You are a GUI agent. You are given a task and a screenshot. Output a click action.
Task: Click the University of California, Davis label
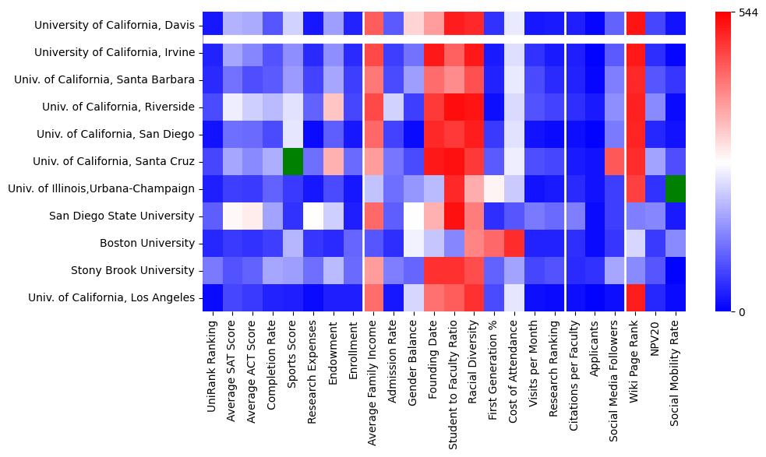pyautogui.click(x=114, y=26)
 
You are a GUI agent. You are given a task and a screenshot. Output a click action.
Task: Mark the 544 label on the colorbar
pyautogui.click(x=747, y=13)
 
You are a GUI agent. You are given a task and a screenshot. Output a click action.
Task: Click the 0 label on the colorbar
pyautogui.click(x=741, y=312)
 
